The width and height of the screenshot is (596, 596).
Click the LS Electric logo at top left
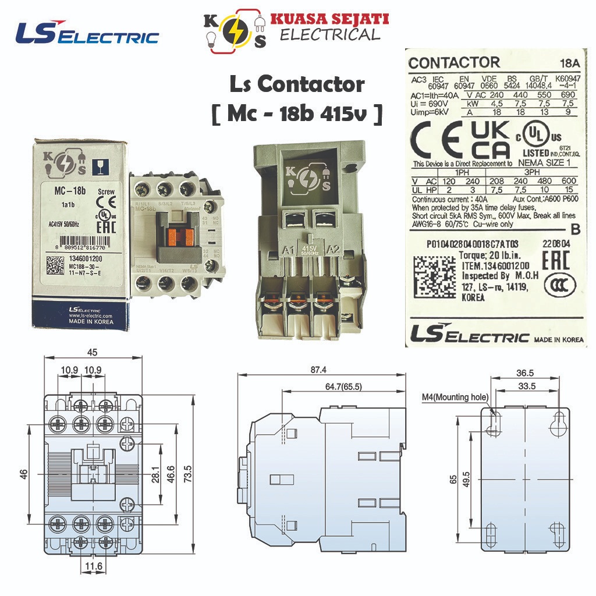(87, 34)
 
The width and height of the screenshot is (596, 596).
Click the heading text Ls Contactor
(296, 85)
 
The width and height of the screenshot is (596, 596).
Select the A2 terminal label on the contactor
(334, 251)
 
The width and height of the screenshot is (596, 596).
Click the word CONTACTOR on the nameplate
(454, 63)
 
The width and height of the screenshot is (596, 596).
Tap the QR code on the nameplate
(434, 276)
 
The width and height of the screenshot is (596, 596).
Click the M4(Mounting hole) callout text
(455, 398)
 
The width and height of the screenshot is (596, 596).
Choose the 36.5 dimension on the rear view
(525, 372)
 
